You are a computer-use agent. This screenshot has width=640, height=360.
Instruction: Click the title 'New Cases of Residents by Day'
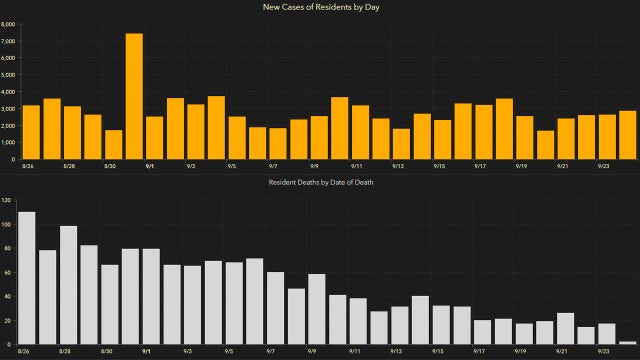[x=320, y=8]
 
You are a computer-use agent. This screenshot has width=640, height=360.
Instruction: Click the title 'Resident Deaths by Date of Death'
[x=320, y=184]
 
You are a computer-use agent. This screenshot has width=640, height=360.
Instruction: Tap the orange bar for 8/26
[x=31, y=132]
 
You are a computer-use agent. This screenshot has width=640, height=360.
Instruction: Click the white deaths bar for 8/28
[x=68, y=285]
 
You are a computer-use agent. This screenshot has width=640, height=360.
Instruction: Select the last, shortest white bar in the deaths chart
[x=627, y=343]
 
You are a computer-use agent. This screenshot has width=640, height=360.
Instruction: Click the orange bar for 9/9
[x=319, y=137]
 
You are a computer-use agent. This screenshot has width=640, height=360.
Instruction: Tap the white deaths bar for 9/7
[x=275, y=308]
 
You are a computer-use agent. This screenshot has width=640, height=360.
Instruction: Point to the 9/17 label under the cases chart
[x=480, y=167]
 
